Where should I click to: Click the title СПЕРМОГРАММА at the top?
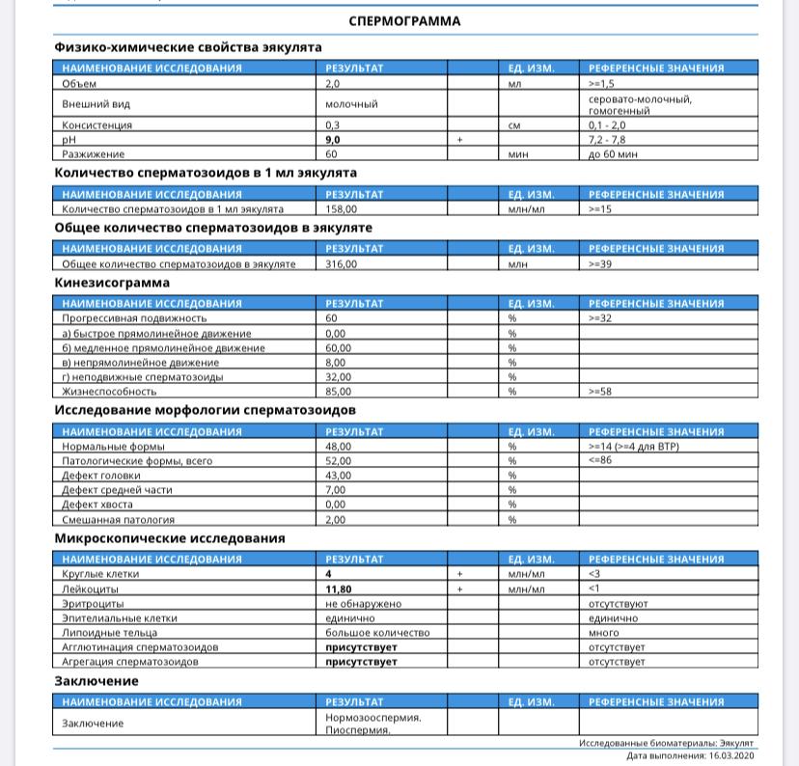(x=404, y=20)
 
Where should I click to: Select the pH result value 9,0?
(x=333, y=140)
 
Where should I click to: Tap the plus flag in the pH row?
(x=460, y=140)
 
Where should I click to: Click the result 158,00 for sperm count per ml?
(x=341, y=208)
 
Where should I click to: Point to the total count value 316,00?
(x=341, y=263)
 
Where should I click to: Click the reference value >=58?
(x=600, y=392)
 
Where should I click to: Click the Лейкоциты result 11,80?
(x=338, y=588)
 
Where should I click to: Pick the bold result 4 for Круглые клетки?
(x=329, y=574)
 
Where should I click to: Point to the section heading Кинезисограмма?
(x=112, y=283)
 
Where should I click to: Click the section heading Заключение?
(x=96, y=681)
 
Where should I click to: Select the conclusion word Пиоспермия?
(x=358, y=730)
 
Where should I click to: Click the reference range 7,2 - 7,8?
(x=607, y=140)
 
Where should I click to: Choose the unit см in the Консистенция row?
(x=514, y=125)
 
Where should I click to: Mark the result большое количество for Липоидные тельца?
(x=377, y=633)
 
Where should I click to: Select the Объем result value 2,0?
(x=333, y=84)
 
